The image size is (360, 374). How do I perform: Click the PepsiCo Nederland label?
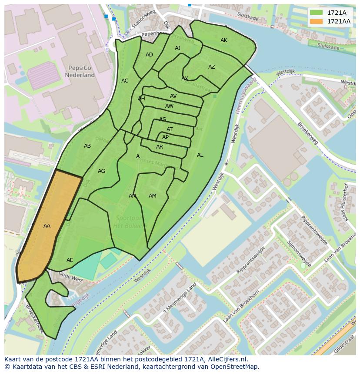tap(80, 71)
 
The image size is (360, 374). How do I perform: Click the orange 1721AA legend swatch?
tap(317, 21)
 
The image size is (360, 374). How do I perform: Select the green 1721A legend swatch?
tap(317, 13)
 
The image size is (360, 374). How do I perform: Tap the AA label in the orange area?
tap(47, 226)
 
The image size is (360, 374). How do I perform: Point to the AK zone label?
tap(224, 40)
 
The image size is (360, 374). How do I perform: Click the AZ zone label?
tap(212, 67)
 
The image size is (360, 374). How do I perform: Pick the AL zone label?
tap(200, 155)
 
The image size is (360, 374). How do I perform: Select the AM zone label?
tap(153, 196)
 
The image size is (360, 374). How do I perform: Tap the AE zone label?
tap(70, 260)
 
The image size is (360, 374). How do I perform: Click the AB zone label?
tap(87, 146)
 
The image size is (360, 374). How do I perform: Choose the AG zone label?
tap(101, 171)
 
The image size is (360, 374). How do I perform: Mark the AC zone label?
tap(125, 81)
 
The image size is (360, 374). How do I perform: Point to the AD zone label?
tap(149, 55)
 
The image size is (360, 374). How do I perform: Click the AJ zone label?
tap(177, 48)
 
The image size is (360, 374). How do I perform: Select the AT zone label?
tap(170, 129)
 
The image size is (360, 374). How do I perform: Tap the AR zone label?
tap(160, 147)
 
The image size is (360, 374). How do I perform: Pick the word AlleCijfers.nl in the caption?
tap(226, 359)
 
